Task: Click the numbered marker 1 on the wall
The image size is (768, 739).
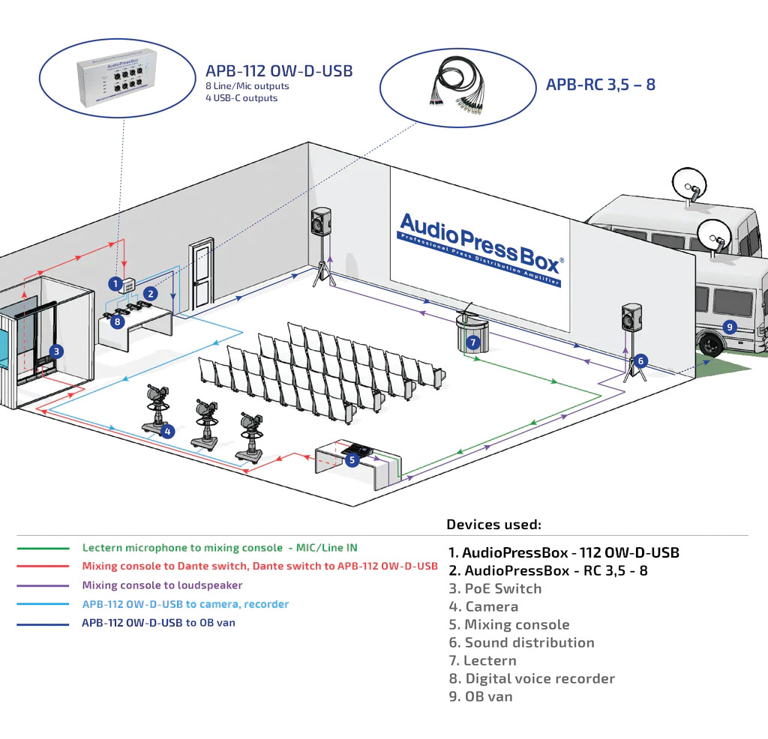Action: click(x=115, y=284)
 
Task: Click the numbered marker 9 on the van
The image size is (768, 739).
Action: click(x=727, y=327)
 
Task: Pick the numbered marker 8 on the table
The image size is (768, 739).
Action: click(x=117, y=322)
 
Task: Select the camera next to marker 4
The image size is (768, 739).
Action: click(x=157, y=408)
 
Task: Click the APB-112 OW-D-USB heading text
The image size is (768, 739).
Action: click(x=279, y=71)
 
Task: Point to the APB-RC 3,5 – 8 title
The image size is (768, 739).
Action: click(x=600, y=84)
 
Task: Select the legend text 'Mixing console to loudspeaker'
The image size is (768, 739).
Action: click(x=162, y=585)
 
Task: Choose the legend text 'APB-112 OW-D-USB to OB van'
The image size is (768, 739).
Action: click(x=158, y=623)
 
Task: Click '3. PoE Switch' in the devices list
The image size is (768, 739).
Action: click(x=495, y=588)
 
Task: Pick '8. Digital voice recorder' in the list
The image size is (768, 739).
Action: click(x=532, y=678)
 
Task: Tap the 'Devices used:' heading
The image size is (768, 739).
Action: click(x=493, y=525)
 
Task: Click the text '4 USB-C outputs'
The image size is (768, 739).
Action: click(x=241, y=98)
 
